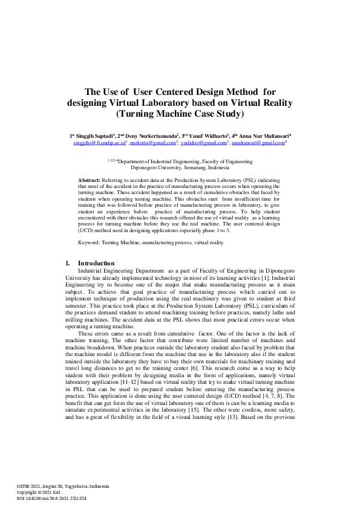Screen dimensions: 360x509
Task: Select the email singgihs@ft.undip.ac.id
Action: click(99, 143)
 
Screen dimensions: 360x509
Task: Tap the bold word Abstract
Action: click(90, 181)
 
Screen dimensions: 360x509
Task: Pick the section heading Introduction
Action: click(96, 264)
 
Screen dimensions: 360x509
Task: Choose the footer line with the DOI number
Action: click(51, 499)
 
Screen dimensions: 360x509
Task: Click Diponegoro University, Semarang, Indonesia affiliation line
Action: click(180, 169)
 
